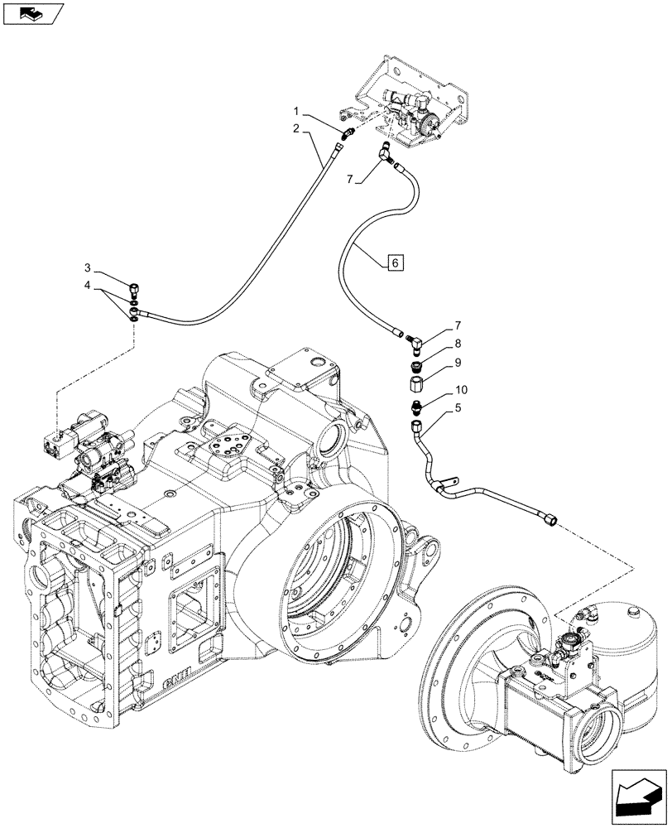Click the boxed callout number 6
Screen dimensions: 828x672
395,262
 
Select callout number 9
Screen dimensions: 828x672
457,363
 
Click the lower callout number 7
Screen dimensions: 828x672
457,325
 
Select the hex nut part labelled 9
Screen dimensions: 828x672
416,385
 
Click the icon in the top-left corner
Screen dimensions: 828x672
31,14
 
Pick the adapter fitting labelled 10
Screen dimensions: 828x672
415,407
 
